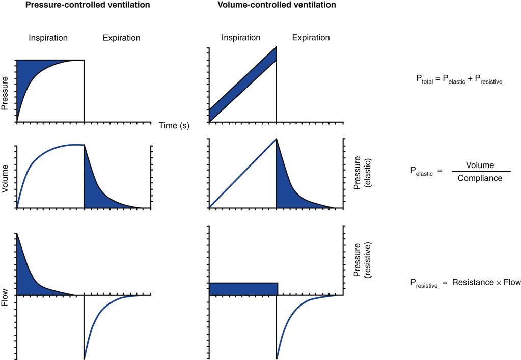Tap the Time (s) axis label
[x=174, y=126]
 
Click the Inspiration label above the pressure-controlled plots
[x=48, y=38]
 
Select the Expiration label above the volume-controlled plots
[x=311, y=38]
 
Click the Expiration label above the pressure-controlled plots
[x=121, y=38]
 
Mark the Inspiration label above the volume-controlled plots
[x=240, y=38]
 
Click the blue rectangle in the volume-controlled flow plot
[x=243, y=289]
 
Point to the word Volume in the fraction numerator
[x=480, y=165]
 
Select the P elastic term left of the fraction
[x=421, y=173]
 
